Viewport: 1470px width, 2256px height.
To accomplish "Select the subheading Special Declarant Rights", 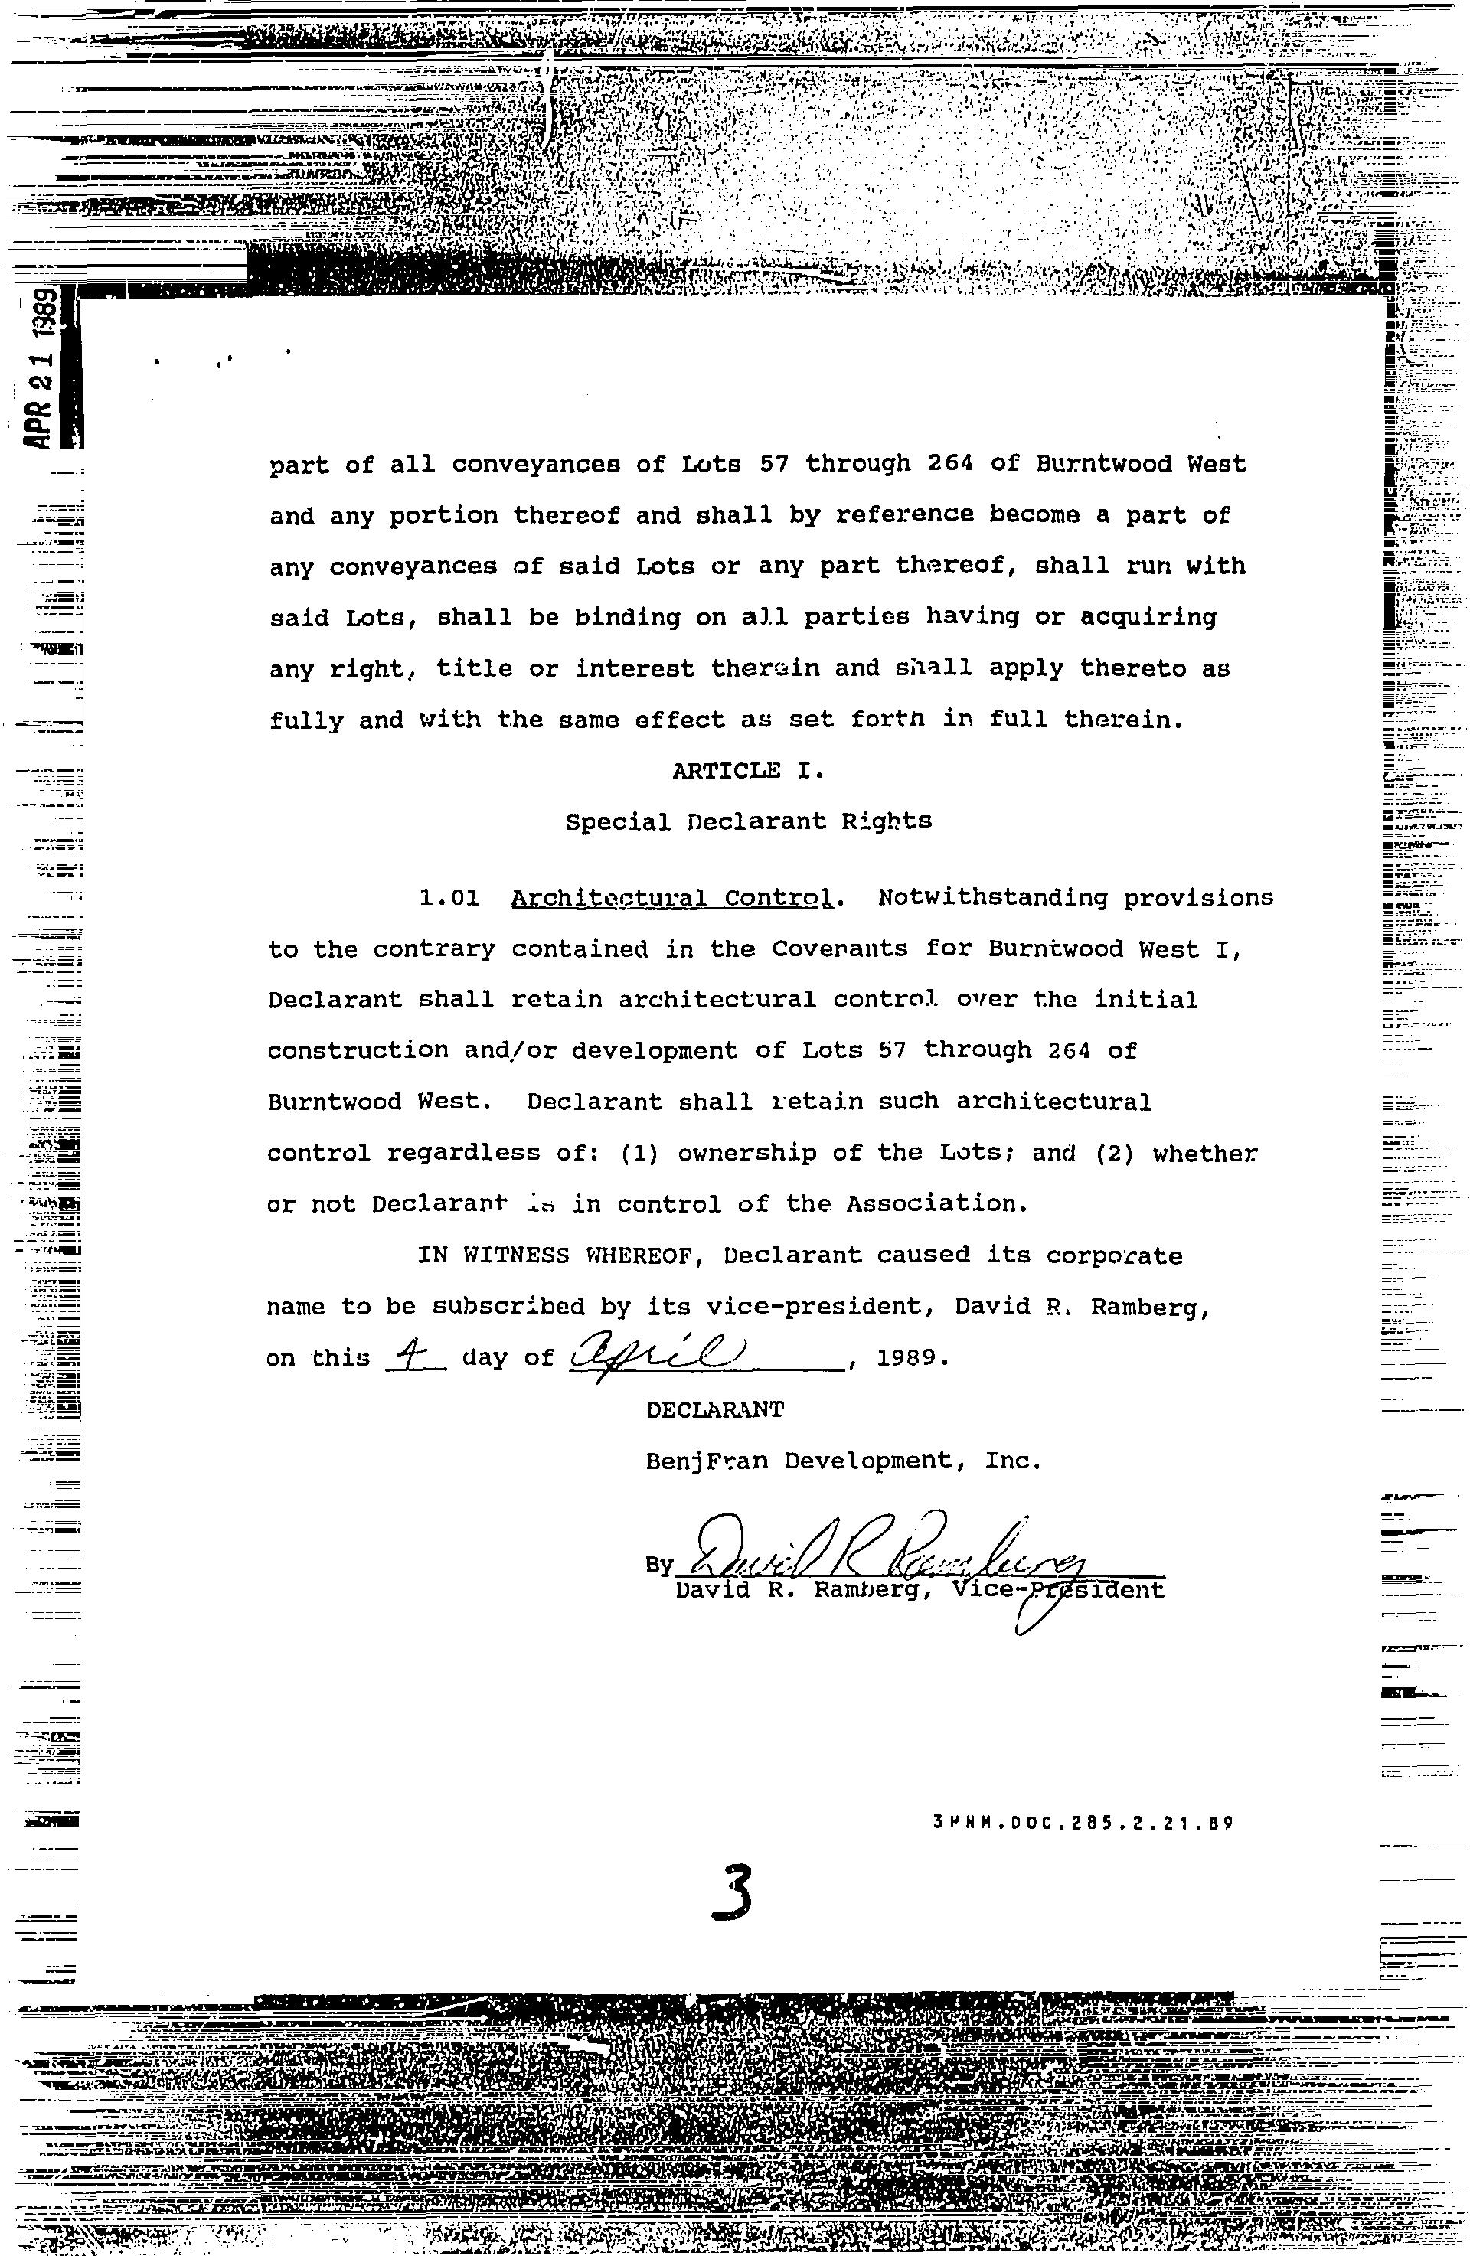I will [x=749, y=822].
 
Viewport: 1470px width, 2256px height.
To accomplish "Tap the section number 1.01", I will [x=449, y=898].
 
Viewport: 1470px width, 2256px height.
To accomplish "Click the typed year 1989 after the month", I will [x=907, y=1357].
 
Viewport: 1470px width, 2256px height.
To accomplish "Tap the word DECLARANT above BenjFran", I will [x=714, y=1409].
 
